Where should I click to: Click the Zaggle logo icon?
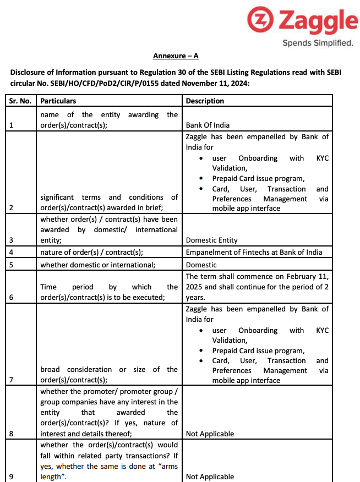pyautogui.click(x=260, y=21)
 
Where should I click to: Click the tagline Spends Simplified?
pyautogui.click(x=318, y=43)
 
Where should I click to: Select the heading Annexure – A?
pyautogui.click(x=176, y=56)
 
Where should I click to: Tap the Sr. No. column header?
pyautogui.click(x=20, y=101)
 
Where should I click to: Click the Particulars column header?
pyautogui.click(x=58, y=101)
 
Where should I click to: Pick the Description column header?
pyautogui.click(x=205, y=101)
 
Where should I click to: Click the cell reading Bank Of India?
pyautogui.click(x=208, y=125)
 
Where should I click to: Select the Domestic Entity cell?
pyautogui.click(x=212, y=240)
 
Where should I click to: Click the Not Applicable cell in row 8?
pyautogui.click(x=210, y=434)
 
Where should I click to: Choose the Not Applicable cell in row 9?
pyautogui.click(x=210, y=476)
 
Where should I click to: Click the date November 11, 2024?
pyautogui.click(x=217, y=84)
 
